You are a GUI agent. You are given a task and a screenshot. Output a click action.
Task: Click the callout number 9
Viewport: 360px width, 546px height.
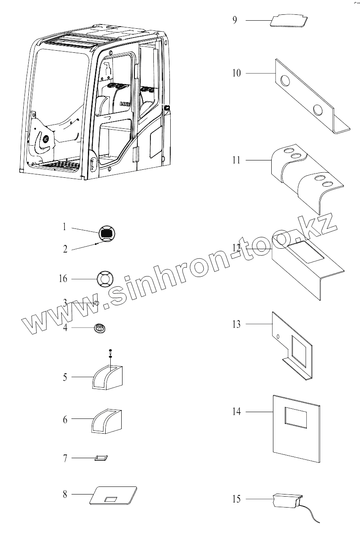click(x=235, y=20)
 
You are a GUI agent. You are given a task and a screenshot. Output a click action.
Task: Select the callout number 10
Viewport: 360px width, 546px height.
click(x=236, y=73)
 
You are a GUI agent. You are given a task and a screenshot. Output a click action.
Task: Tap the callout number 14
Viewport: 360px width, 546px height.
click(x=236, y=411)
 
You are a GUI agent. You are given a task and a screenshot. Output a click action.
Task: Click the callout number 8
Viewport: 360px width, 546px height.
click(x=65, y=494)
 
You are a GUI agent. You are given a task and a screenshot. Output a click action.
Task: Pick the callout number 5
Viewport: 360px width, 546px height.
click(x=65, y=377)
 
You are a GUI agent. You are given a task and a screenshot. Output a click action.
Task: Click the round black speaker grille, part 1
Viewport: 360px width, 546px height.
click(x=107, y=233)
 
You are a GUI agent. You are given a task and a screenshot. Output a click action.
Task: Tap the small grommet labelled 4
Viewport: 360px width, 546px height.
click(x=100, y=327)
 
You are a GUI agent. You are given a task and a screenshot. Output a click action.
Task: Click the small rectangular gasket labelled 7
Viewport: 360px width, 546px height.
click(x=101, y=458)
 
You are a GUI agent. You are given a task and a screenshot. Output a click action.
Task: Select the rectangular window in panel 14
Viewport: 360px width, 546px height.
click(x=296, y=416)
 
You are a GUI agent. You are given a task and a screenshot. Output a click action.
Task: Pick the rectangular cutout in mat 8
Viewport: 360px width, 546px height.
click(x=111, y=499)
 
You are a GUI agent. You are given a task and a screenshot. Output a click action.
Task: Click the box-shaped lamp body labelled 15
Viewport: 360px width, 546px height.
click(x=286, y=501)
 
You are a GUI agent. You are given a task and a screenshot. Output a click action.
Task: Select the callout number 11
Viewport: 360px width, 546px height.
click(x=236, y=160)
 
